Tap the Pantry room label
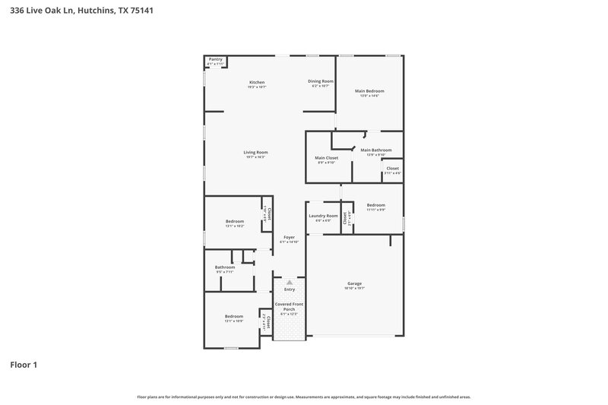(216, 59)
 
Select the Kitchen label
(257, 82)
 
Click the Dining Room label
(320, 81)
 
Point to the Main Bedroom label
(369, 91)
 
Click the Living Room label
(255, 152)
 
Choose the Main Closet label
(327, 158)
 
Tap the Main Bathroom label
(376, 150)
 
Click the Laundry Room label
(323, 216)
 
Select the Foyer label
(289, 237)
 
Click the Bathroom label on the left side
(225, 267)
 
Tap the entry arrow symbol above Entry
(289, 282)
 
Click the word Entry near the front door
(290, 290)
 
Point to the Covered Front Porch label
(289, 306)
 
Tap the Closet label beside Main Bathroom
(392, 169)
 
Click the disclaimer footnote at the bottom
(303, 397)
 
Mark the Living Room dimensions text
(255, 157)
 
